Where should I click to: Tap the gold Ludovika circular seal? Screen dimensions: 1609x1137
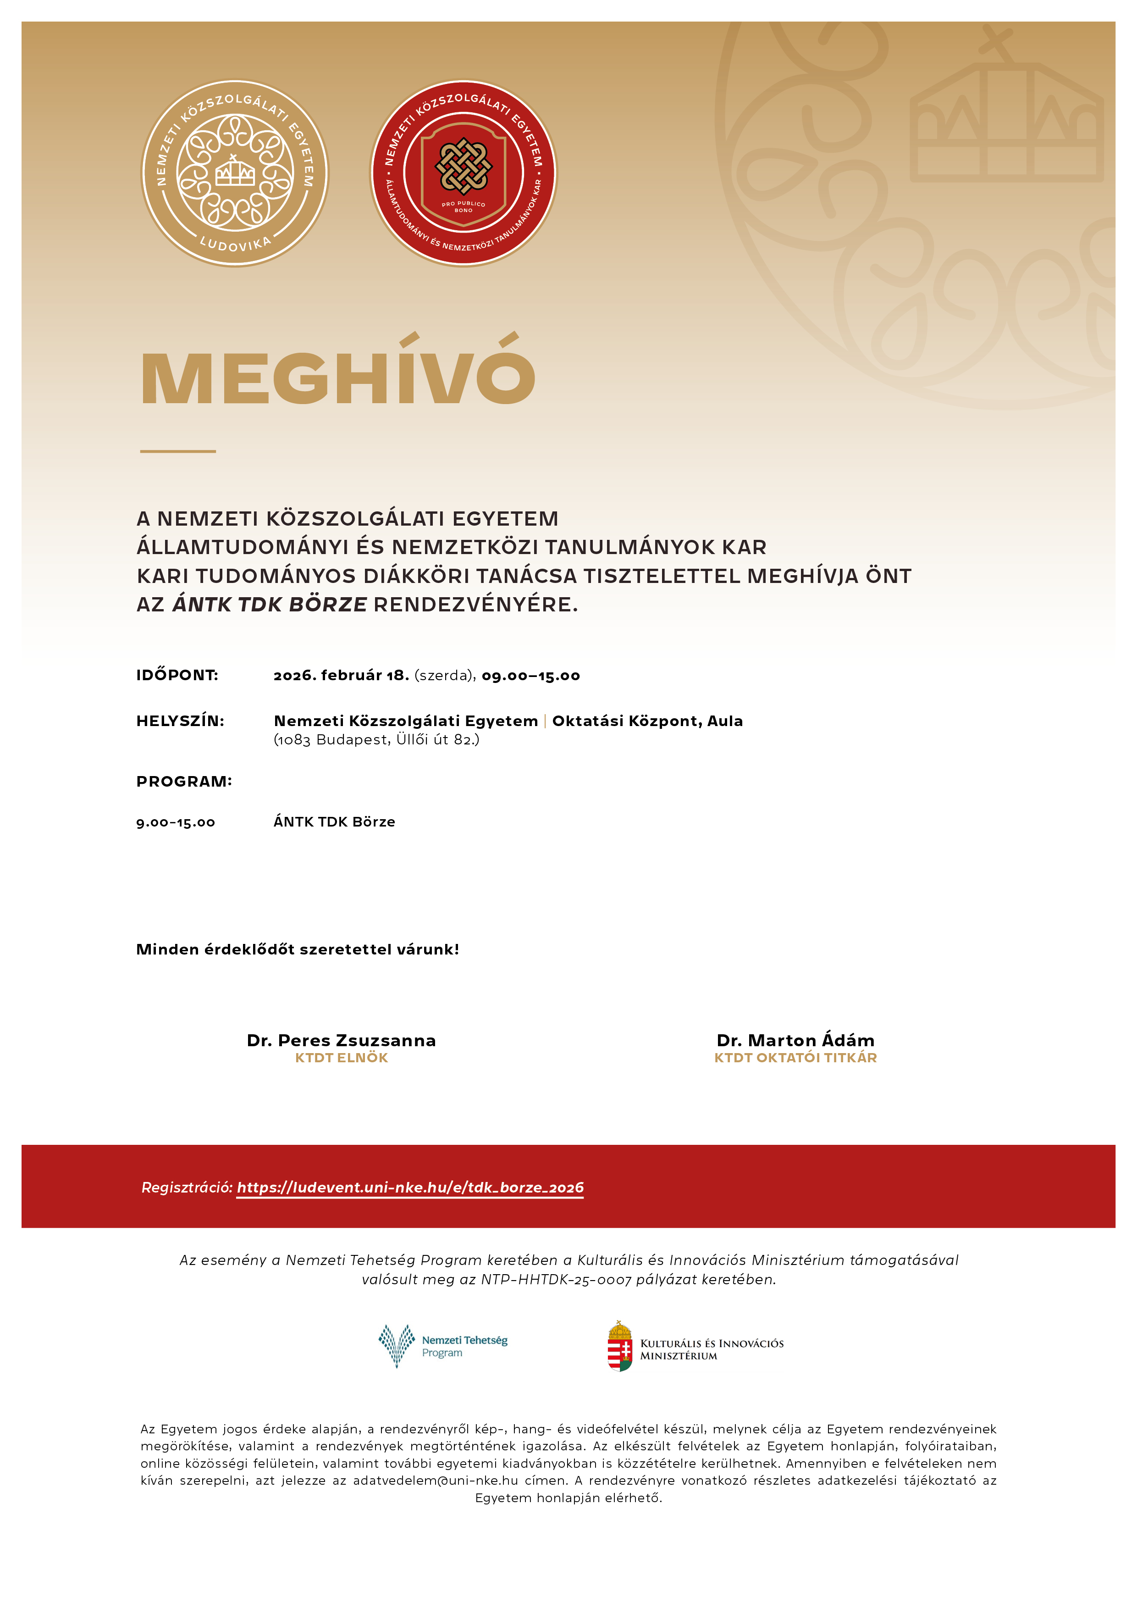(235, 173)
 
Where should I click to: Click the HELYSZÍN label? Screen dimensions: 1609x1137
(180, 721)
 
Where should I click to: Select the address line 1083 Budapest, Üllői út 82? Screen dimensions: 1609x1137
(376, 740)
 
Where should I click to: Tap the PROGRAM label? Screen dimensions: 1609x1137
(183, 782)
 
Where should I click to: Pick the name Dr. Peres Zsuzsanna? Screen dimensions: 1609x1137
(341, 1041)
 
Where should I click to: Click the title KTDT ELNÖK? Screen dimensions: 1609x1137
(341, 1058)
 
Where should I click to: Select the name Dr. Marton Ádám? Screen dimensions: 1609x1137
(795, 1041)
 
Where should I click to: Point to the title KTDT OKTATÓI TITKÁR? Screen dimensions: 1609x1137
(795, 1058)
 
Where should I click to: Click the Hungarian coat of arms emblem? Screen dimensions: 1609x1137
(619, 1346)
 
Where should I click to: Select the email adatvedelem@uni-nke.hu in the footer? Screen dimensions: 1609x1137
(435, 1480)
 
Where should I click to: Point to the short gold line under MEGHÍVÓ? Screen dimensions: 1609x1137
(178, 451)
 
